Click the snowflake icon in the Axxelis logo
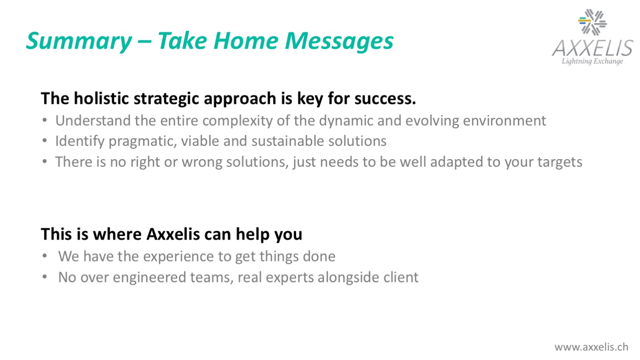(592, 22)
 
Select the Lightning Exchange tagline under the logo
(592, 62)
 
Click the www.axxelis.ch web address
(591, 347)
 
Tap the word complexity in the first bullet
(237, 121)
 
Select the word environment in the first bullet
(505, 121)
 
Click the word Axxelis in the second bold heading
(173, 234)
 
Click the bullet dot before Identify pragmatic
(45, 141)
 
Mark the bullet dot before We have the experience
(45, 256)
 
